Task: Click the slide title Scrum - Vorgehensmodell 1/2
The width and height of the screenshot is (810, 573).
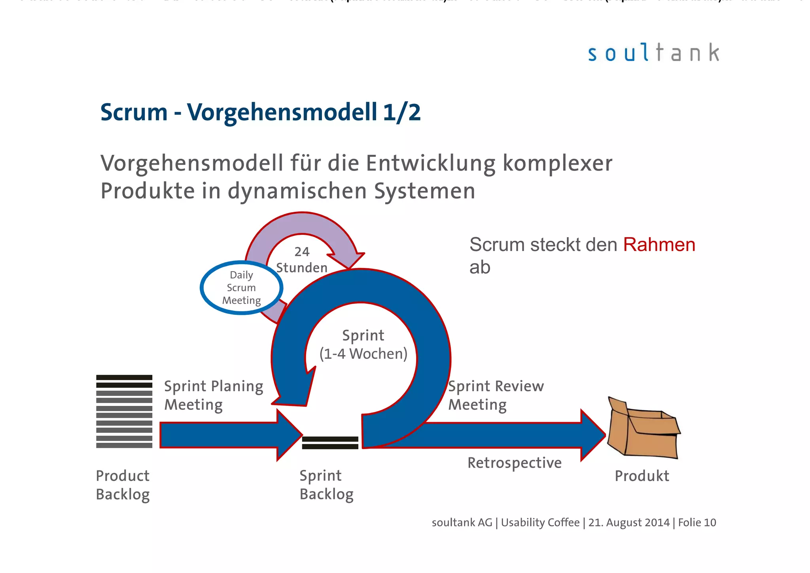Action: [x=260, y=112]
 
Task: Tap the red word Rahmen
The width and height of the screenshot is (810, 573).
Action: [x=659, y=245]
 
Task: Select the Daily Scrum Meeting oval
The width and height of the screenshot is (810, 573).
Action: [x=241, y=288]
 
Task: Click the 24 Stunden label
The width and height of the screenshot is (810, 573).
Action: [x=302, y=260]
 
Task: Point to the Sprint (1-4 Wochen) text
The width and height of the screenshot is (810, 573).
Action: [x=363, y=345]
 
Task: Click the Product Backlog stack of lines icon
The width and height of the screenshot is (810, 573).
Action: [x=124, y=411]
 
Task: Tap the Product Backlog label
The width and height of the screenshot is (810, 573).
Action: [x=123, y=485]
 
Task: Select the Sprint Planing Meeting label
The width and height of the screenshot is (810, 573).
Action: [x=214, y=395]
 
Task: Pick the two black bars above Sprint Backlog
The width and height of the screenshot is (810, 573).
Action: [x=330, y=443]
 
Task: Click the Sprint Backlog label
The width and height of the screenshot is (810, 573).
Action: [x=326, y=485]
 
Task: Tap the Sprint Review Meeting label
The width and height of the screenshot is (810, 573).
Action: [x=496, y=395]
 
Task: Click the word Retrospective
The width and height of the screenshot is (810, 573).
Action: [x=514, y=463]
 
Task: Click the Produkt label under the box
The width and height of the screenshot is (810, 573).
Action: [x=642, y=476]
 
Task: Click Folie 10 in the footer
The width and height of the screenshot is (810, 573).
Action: [x=697, y=522]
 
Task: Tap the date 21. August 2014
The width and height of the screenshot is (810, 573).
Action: [x=629, y=522]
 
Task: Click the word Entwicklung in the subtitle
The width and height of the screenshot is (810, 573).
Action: [x=430, y=163]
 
